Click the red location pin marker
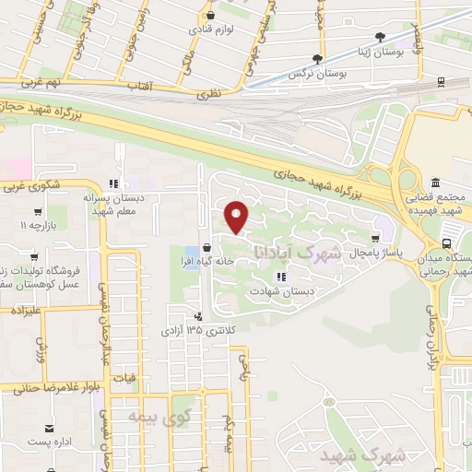pos(237,218)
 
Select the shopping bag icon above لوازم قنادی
pos(213,15)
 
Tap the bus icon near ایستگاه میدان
pos(447,243)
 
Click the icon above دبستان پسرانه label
pos(113,183)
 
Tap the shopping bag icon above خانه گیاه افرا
pos(208,246)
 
